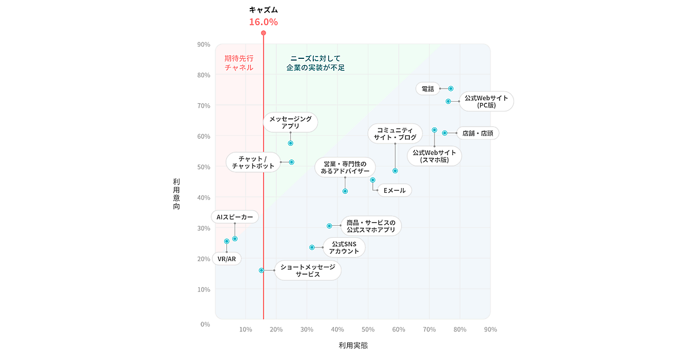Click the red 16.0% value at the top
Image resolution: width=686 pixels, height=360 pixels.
point(263,22)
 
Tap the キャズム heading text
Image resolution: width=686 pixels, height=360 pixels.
point(263,10)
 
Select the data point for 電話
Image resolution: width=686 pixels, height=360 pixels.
point(450,89)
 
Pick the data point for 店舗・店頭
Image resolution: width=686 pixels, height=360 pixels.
point(445,133)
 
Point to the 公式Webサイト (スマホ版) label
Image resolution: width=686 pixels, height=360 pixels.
point(434,156)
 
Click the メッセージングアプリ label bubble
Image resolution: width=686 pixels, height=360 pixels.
point(290,122)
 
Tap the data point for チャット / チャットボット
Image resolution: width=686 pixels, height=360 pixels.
point(292,162)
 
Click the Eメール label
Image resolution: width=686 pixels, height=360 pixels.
point(394,190)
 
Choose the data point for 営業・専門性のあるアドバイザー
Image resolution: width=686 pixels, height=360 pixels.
point(345,191)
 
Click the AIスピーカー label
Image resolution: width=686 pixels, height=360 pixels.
point(234,217)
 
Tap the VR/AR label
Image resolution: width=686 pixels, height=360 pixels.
point(226,259)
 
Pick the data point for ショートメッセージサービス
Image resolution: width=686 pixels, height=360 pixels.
point(261,270)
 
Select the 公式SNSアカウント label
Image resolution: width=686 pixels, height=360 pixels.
point(344,247)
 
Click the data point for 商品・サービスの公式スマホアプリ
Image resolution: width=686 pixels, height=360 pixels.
point(329,226)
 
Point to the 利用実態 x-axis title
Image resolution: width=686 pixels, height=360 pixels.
point(353,345)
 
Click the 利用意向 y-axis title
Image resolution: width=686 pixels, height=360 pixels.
point(176,194)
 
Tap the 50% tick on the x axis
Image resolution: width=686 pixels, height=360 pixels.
point(368,329)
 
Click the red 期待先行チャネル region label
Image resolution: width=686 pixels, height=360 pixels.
point(239,63)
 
